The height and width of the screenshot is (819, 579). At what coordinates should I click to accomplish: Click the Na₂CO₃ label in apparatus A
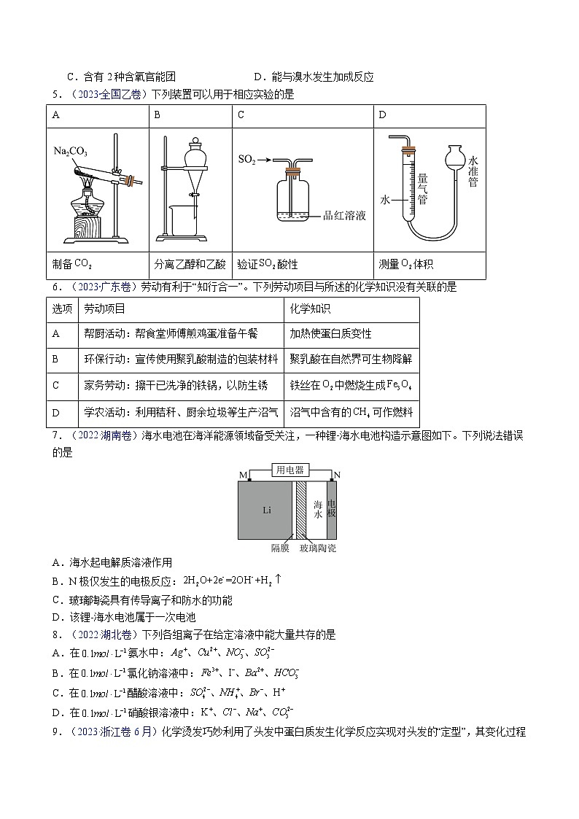70,152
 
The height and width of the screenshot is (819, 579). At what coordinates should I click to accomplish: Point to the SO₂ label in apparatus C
248,158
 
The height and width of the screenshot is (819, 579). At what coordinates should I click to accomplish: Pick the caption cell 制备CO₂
73,265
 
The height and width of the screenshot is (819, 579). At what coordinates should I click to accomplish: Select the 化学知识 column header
310,309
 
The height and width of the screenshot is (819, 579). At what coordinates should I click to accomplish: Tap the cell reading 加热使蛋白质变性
330,333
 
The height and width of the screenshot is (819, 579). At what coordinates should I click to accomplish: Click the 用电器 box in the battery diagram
289,470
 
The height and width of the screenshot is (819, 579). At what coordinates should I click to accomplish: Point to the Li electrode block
267,510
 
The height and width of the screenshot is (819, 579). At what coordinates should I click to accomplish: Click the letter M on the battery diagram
243,476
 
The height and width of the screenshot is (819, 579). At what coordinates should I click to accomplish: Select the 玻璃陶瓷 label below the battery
318,548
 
